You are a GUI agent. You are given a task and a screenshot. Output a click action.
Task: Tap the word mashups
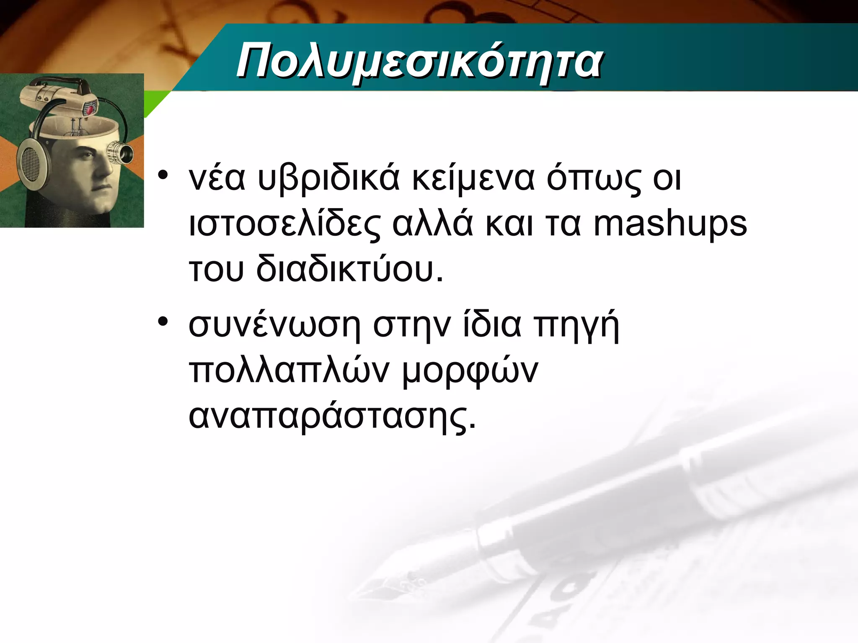[x=670, y=224]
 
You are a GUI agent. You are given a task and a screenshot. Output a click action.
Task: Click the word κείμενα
[x=473, y=179]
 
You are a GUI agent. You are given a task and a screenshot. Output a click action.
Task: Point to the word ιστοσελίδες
[x=285, y=224]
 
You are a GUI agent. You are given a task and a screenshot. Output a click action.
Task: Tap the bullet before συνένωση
[x=163, y=321]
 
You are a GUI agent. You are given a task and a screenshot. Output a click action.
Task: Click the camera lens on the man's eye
[x=121, y=152]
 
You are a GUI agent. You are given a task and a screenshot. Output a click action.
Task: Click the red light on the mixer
[x=90, y=110]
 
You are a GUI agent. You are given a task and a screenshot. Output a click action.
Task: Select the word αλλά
[x=432, y=224]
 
